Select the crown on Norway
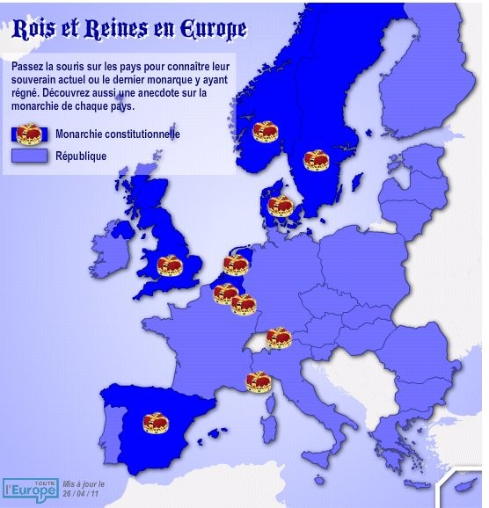266,131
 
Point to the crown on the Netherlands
236,264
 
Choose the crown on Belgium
225,293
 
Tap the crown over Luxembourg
243,304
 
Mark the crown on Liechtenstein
279,337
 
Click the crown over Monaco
258,381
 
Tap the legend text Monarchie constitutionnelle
117,134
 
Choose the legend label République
80,156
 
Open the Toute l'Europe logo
30,484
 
